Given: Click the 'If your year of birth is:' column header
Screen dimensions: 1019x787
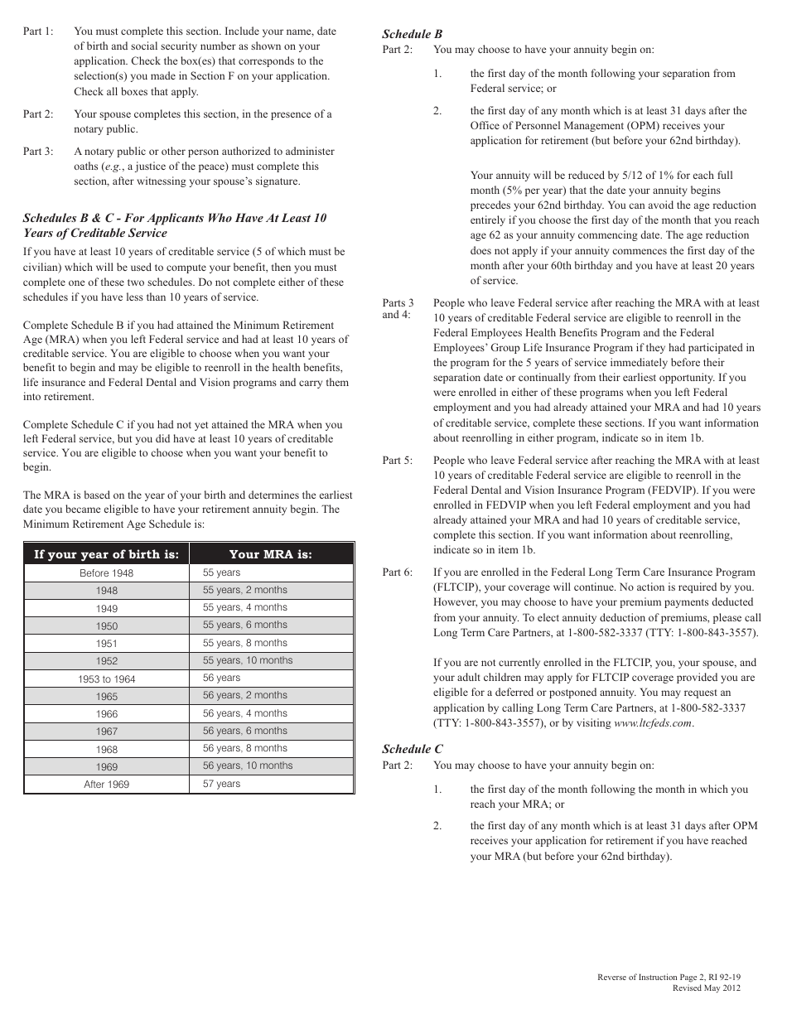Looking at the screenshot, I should (106, 554).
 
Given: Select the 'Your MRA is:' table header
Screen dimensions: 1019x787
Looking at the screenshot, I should (271, 554).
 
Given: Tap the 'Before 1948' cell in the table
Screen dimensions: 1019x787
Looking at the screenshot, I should (106, 573).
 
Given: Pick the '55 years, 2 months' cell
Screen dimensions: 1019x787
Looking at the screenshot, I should (245, 590).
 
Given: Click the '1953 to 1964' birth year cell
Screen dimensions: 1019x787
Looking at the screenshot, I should (106, 679).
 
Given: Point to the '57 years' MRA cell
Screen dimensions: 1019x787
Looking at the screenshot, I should (221, 784).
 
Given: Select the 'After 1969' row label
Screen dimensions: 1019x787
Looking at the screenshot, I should (106, 785).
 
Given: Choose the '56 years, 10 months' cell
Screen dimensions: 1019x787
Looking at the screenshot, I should (248, 765).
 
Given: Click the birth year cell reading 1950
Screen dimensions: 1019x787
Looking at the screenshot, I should (106, 626).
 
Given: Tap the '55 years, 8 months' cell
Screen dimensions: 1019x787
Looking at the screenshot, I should (245, 643).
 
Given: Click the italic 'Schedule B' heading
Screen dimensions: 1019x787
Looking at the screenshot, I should (412, 34).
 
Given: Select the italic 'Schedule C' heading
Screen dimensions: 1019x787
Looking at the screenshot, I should (412, 749).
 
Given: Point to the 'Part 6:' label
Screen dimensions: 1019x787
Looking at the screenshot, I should (397, 572).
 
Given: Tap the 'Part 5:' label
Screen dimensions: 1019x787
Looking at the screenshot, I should (397, 461).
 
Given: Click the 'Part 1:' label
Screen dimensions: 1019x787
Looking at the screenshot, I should (38, 31).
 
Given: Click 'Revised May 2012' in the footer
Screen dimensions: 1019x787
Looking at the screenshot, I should (706, 988).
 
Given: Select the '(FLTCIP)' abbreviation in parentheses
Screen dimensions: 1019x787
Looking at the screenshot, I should (456, 587).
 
